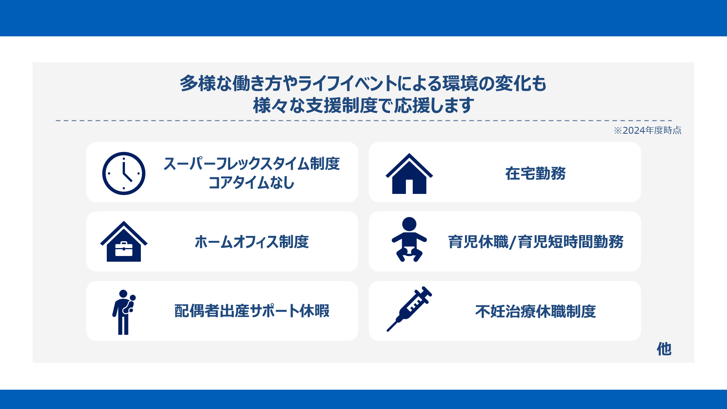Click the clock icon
click(124, 173)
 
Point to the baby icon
click(409, 239)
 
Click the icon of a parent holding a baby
click(124, 312)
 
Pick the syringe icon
click(409, 309)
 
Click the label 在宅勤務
click(535, 173)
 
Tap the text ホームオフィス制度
click(252, 242)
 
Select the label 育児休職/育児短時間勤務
click(536, 242)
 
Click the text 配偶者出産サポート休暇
click(252, 311)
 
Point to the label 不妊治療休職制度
click(536, 311)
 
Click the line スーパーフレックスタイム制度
click(252, 164)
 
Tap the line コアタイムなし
click(252, 183)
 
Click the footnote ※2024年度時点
click(647, 130)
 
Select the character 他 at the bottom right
click(664, 349)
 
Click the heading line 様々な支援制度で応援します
click(363, 105)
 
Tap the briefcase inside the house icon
click(124, 249)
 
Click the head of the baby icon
click(409, 224)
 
